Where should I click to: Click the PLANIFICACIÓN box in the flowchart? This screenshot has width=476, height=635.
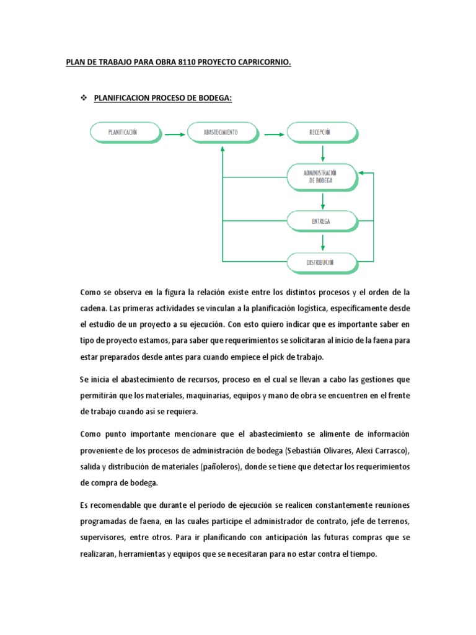coord(126,132)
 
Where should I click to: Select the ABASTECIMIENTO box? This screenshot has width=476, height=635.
coord(221,132)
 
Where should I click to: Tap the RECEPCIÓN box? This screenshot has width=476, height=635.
coord(321,132)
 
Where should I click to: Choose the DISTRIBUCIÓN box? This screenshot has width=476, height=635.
coord(321,262)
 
